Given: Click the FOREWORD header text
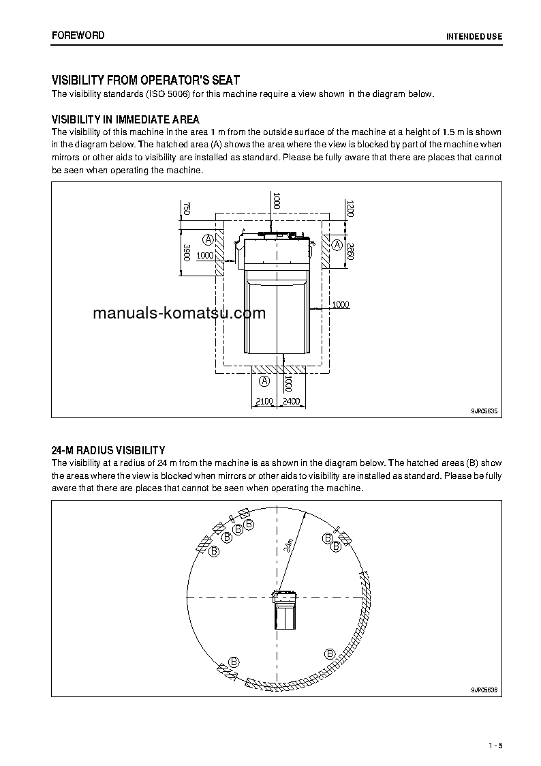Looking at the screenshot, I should [x=78, y=35].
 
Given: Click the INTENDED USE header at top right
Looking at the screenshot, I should [x=474, y=35].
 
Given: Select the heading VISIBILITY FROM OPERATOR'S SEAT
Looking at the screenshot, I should [x=146, y=80].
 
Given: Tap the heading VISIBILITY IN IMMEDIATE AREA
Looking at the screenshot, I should [x=125, y=120].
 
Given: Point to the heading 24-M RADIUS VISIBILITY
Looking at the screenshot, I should [x=108, y=450].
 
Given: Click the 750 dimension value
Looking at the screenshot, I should [x=185, y=208].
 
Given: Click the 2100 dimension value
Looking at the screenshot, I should [x=264, y=402].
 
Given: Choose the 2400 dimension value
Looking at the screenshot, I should [x=291, y=402].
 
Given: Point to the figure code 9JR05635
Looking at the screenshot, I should [x=484, y=411].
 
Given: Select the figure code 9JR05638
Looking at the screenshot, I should [x=484, y=690].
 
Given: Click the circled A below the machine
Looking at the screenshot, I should [x=265, y=381].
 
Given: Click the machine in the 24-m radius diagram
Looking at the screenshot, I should [x=285, y=609].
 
